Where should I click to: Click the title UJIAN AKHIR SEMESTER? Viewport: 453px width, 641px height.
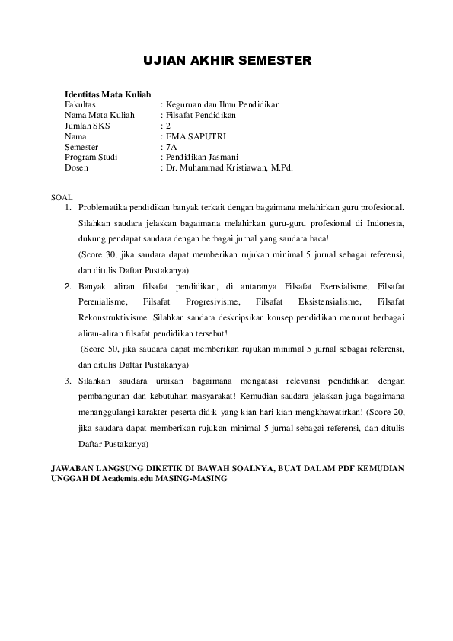[228, 61]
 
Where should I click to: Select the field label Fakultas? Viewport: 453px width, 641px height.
[80, 104]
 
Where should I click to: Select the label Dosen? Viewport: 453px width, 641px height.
[76, 168]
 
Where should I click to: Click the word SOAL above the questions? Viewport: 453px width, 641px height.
[61, 196]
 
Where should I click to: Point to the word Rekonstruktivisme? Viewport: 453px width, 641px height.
[113, 317]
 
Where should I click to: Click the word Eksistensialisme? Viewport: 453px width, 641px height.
[330, 302]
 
